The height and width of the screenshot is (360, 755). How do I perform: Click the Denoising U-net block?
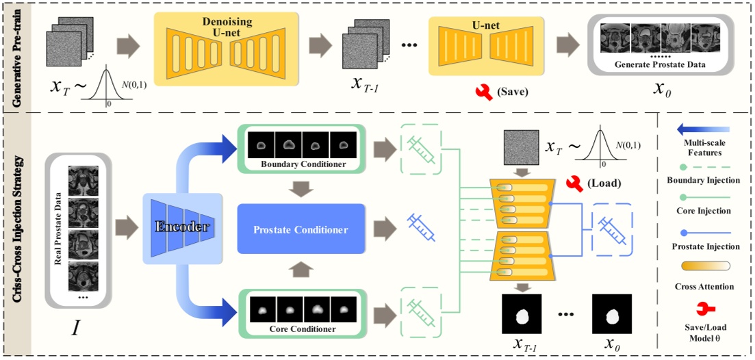(x=230, y=48)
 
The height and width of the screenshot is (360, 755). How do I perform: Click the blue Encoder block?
(x=182, y=228)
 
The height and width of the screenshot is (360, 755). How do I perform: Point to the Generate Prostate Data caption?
(x=661, y=65)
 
